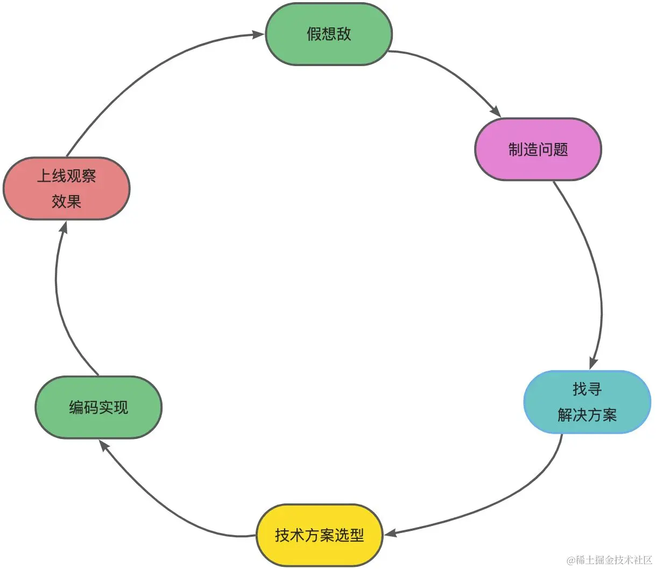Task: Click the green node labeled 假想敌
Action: [329, 34]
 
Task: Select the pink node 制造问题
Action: [538, 149]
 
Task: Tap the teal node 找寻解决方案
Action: [587, 402]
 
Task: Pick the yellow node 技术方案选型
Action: [319, 535]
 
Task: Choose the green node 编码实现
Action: [98, 407]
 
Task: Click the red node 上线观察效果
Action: [66, 189]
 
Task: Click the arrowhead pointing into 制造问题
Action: [495, 111]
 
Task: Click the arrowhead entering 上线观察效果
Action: [64, 228]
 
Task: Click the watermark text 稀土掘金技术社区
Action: [613, 560]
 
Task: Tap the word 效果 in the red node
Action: [66, 201]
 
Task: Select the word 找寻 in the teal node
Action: [587, 389]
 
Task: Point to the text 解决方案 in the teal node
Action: [587, 415]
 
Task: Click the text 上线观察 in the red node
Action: [66, 176]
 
